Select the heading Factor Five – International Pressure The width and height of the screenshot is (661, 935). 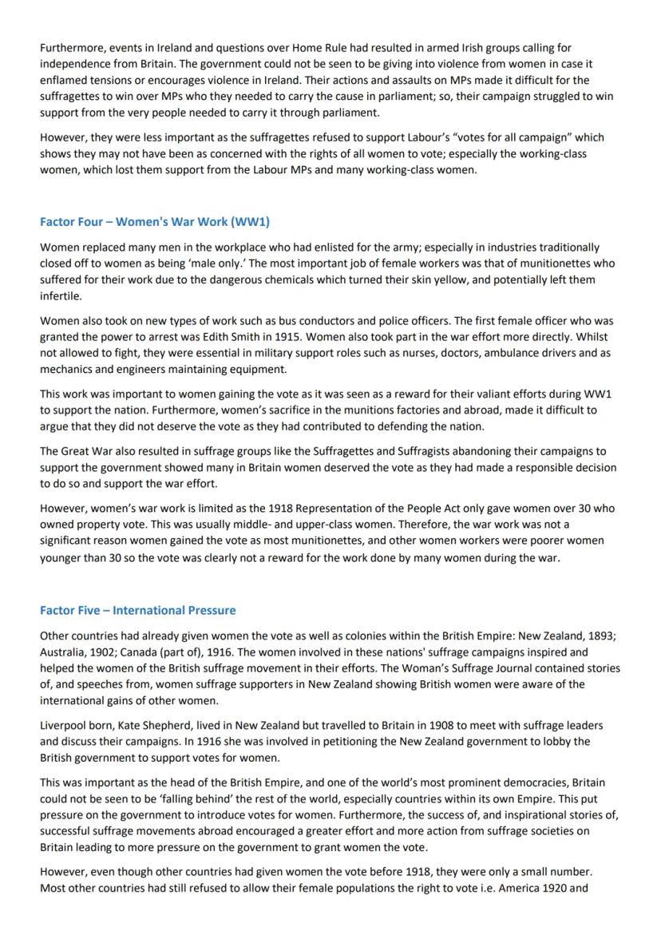tap(137, 610)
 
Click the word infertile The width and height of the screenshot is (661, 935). tap(61, 294)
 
